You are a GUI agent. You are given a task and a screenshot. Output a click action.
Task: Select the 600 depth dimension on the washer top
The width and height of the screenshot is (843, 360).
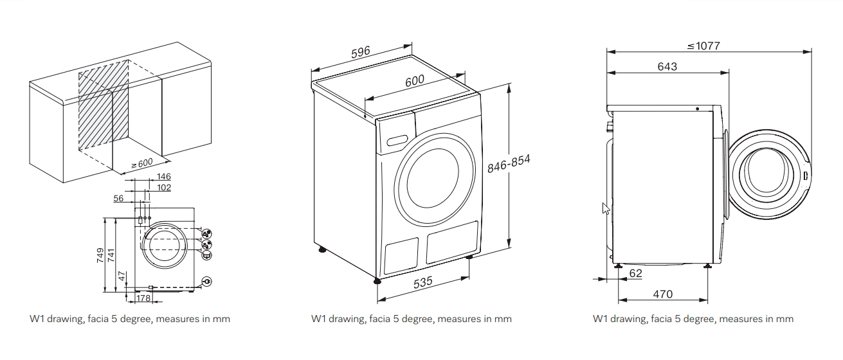pyautogui.click(x=414, y=81)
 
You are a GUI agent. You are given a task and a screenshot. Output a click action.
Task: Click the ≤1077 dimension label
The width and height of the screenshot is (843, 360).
pyautogui.click(x=703, y=46)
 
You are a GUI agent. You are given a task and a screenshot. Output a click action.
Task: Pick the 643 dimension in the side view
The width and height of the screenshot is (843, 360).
pyautogui.click(x=667, y=66)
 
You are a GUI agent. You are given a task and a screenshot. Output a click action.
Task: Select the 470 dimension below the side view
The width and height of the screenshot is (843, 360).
pyautogui.click(x=662, y=294)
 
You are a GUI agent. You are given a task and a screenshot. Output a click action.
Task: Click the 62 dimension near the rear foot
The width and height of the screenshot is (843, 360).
pyautogui.click(x=635, y=274)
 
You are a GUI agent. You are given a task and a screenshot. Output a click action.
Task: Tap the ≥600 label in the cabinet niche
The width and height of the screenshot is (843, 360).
pyautogui.click(x=141, y=163)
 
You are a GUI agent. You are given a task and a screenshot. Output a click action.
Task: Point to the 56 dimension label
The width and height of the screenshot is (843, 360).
pyautogui.click(x=118, y=199)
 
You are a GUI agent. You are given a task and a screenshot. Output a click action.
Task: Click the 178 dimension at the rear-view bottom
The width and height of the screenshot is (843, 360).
pyautogui.click(x=143, y=298)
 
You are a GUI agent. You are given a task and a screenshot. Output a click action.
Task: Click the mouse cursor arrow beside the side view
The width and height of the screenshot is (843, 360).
pyautogui.click(x=605, y=208)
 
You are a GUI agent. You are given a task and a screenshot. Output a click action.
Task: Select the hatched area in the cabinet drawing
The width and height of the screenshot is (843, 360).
pyautogui.click(x=103, y=106)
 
